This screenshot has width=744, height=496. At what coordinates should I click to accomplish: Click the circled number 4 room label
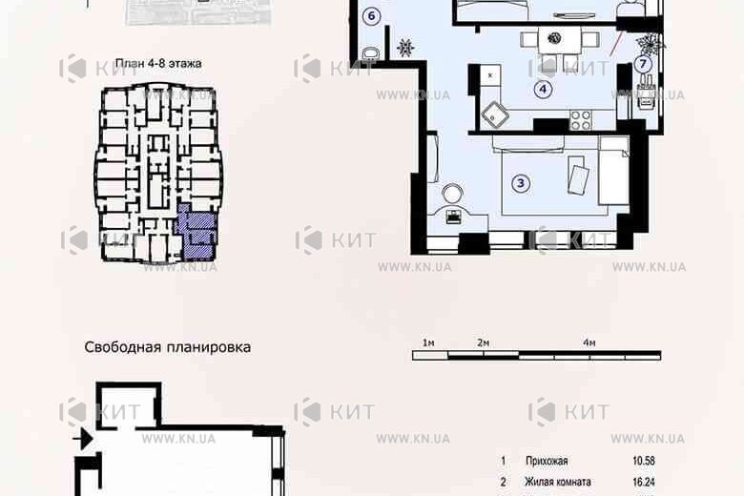[543, 91]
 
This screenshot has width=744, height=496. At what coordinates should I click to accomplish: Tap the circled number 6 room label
[371, 14]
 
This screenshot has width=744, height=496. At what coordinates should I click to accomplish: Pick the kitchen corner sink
[495, 114]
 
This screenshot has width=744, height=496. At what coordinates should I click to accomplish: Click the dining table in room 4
[550, 41]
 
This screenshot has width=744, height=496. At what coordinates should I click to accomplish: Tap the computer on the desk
[454, 216]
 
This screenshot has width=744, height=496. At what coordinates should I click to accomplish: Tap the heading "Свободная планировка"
[168, 347]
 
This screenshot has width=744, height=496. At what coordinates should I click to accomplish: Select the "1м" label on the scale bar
[429, 342]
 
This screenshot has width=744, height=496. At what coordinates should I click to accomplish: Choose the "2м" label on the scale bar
[483, 342]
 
